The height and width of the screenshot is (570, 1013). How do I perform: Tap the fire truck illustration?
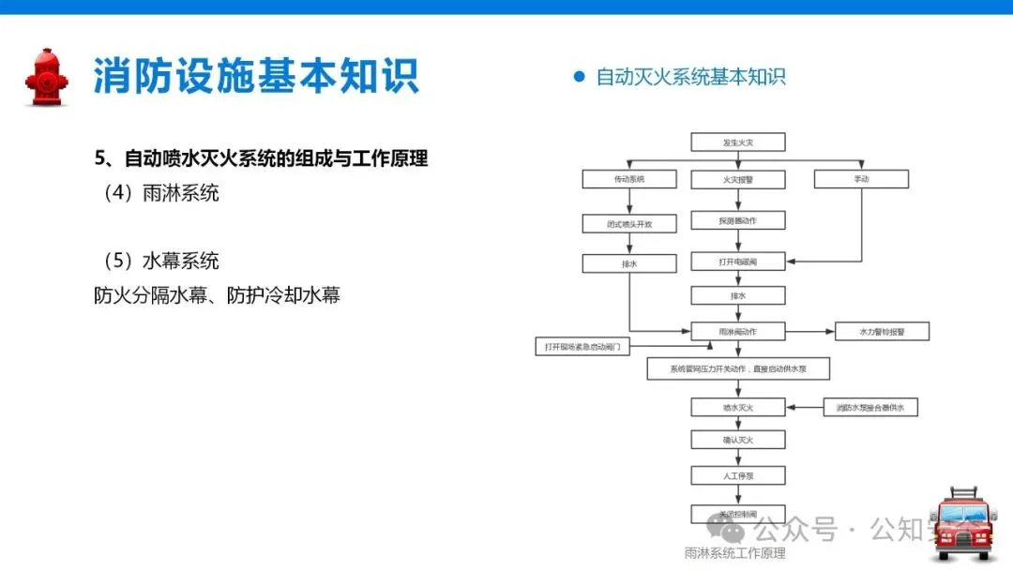point(963,525)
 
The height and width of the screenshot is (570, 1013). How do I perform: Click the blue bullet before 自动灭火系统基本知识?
point(579,77)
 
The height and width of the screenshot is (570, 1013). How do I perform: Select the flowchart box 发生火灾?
point(737,142)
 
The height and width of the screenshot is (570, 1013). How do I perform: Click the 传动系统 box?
point(628,178)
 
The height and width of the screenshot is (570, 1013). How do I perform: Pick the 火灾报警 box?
point(737,178)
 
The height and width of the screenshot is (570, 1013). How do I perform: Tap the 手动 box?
point(861,178)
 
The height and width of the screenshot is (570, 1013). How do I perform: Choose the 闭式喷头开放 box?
point(628,223)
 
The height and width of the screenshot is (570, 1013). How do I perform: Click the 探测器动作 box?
point(737,220)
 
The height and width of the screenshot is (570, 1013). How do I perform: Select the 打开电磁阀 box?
point(737,261)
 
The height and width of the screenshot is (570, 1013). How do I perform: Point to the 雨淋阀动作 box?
point(737,331)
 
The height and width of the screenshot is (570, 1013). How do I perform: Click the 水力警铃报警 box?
point(882,331)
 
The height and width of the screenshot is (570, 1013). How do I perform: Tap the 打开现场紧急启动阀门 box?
point(582,347)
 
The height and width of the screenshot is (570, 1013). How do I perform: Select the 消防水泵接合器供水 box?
point(869,407)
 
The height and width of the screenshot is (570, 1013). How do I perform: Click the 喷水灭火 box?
point(737,407)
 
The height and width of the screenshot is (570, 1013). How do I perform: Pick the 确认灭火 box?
point(737,440)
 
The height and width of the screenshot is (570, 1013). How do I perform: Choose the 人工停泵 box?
point(737,475)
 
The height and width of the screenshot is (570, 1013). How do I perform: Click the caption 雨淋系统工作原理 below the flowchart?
point(734,554)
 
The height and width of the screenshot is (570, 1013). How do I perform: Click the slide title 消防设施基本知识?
point(255,76)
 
